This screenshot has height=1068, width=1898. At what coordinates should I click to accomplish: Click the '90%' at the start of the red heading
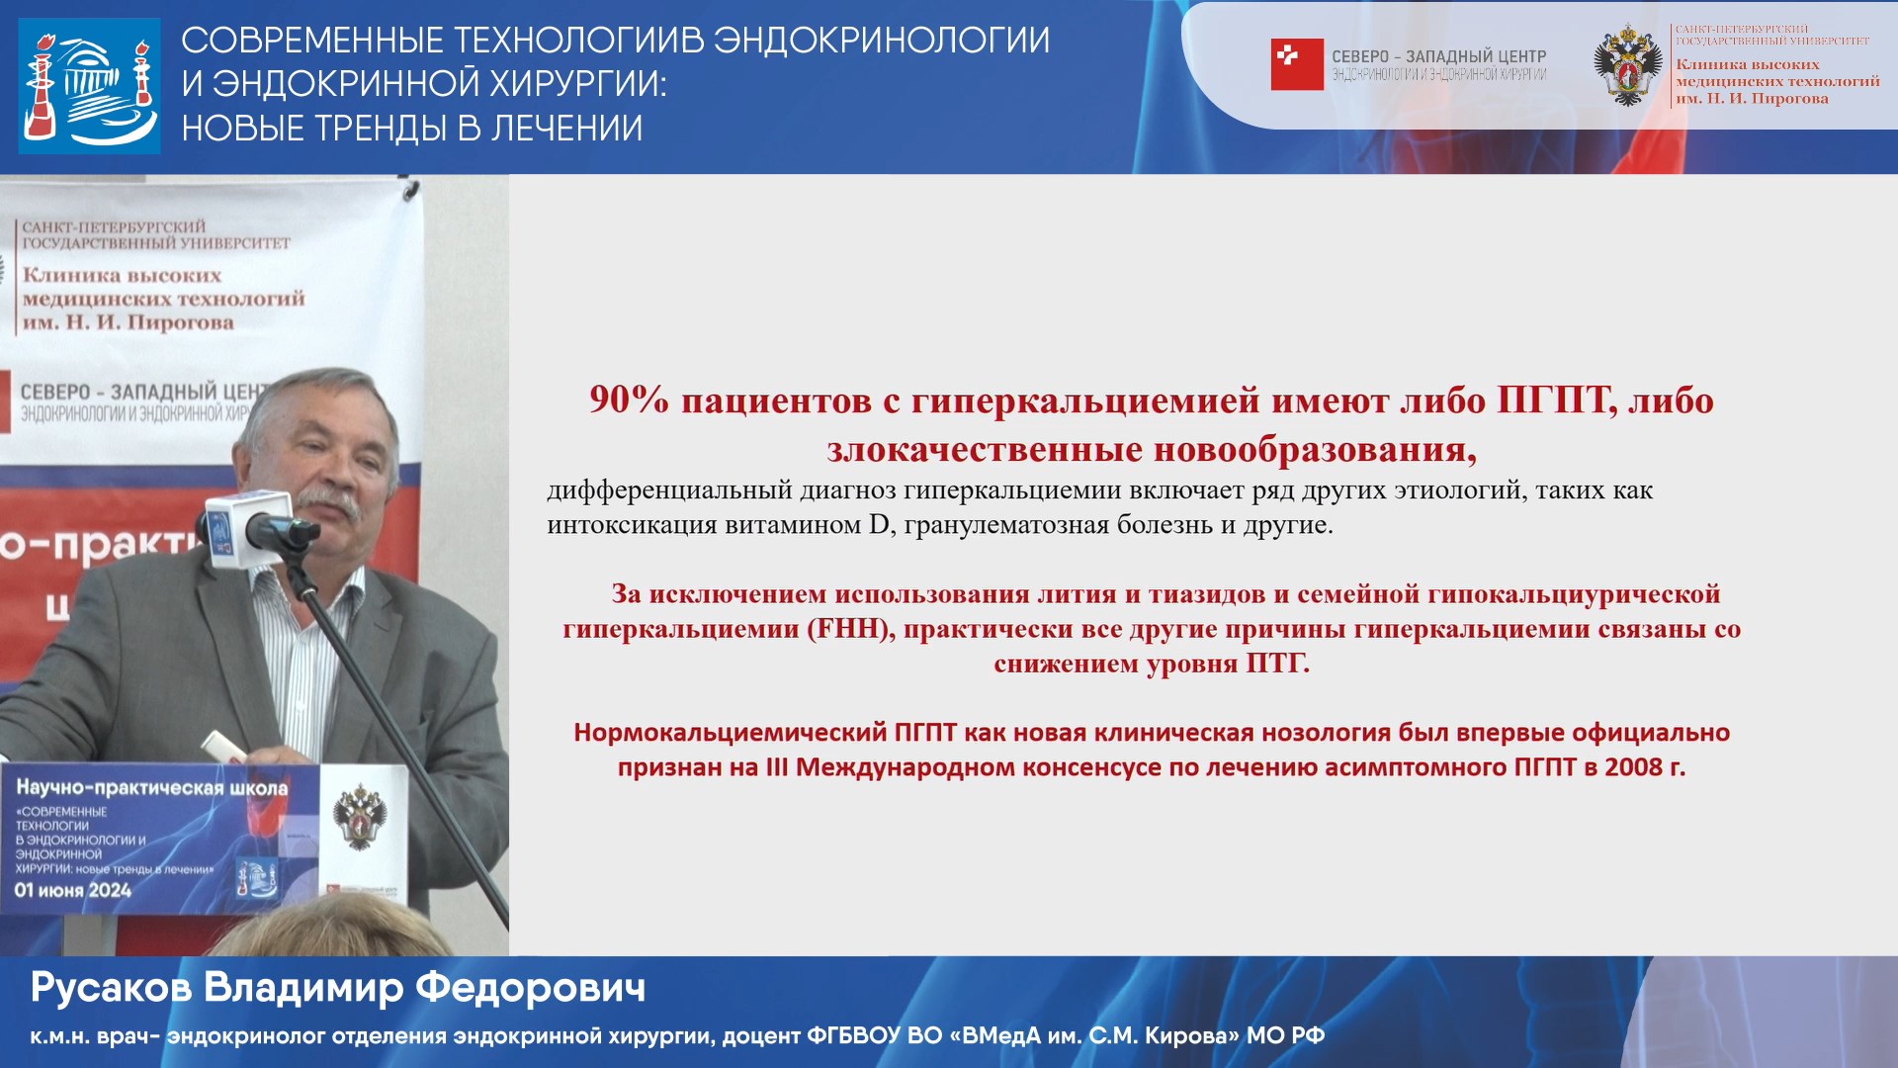coord(629,401)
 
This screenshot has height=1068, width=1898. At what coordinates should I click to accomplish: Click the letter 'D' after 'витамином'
coord(879,525)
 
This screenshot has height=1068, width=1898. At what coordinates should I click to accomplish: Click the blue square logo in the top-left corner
coord(89,85)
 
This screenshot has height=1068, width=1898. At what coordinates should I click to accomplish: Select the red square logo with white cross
coord(1296,65)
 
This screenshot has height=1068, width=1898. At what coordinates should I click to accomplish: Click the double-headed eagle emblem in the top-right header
coord(1626,65)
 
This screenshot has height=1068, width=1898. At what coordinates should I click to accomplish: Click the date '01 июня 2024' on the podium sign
coord(72,890)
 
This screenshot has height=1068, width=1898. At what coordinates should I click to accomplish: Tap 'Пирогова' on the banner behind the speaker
coord(181,322)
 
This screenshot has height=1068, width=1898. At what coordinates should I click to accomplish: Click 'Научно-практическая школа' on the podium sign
coord(152,788)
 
